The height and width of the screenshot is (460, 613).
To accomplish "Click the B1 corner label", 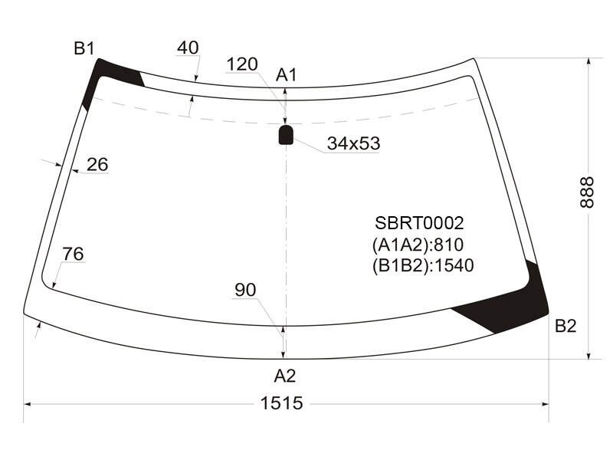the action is pyautogui.click(x=84, y=48).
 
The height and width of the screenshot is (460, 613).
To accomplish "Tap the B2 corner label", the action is pyautogui.click(x=565, y=325).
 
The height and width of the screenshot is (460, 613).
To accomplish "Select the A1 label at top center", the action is pyautogui.click(x=287, y=74).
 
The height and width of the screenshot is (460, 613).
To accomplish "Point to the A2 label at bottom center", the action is pyautogui.click(x=284, y=376).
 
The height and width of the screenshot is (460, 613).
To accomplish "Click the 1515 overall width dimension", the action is pyautogui.click(x=281, y=403).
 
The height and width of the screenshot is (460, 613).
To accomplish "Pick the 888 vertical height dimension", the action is pyautogui.click(x=587, y=192).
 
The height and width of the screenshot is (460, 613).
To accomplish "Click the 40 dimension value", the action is pyautogui.click(x=188, y=48).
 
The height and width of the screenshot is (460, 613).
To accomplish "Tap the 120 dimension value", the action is pyautogui.click(x=242, y=64).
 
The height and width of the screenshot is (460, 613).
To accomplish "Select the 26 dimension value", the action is pyautogui.click(x=97, y=164).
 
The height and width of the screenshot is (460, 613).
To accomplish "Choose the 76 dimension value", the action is pyautogui.click(x=73, y=254).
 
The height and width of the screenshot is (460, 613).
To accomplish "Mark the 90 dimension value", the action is pyautogui.click(x=245, y=290).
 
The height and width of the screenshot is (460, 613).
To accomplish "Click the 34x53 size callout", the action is pyautogui.click(x=353, y=143).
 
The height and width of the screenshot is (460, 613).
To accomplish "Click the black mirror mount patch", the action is pyautogui.click(x=286, y=135).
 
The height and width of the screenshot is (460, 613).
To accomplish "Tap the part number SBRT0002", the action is pyautogui.click(x=419, y=223).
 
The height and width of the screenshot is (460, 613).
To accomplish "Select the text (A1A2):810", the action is pyautogui.click(x=418, y=245).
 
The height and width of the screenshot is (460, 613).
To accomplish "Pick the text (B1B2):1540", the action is pyautogui.click(x=423, y=265).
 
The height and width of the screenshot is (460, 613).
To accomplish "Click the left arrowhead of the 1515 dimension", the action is pyautogui.click(x=28, y=404).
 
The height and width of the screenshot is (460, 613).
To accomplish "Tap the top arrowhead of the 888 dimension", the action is pyautogui.click(x=588, y=62).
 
